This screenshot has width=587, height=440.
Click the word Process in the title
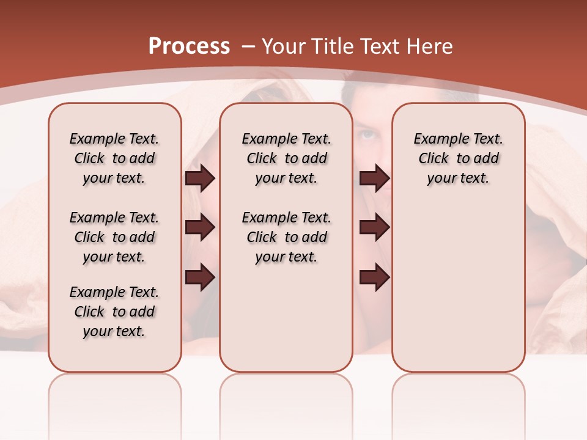[189, 46]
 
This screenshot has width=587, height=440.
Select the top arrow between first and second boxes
[200, 178]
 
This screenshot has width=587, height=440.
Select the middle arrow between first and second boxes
[200, 228]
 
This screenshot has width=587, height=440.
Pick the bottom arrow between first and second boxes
[200, 277]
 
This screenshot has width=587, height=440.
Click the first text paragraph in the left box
[114, 158]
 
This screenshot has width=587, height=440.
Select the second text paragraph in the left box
[114, 237]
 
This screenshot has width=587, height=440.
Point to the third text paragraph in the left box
[114, 312]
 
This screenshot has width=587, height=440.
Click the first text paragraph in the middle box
[286, 158]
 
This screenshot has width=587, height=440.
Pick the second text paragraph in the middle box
[286, 237]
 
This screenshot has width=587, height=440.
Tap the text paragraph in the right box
[458, 158]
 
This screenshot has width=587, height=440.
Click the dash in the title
[248, 46]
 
